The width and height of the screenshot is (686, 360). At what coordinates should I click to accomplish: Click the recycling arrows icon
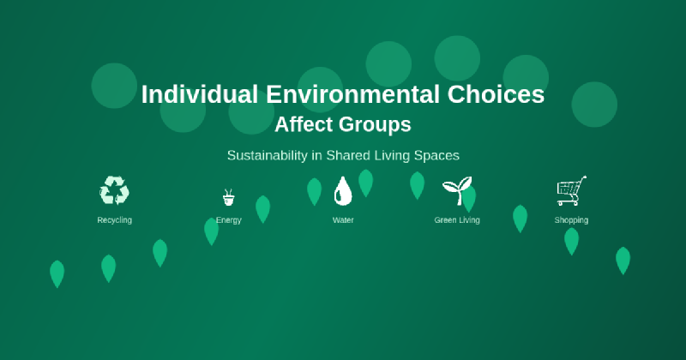pyautogui.click(x=114, y=190)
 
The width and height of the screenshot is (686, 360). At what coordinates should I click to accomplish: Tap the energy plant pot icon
pyautogui.click(x=228, y=198)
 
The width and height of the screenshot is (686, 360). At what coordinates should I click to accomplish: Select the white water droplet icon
pyautogui.click(x=343, y=191)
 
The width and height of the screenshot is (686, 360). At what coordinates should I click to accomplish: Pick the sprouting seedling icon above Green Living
pyautogui.click(x=456, y=190)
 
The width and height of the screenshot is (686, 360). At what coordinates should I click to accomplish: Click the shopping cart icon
pyautogui.click(x=571, y=190)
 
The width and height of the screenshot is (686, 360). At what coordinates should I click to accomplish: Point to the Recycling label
pyautogui.click(x=114, y=220)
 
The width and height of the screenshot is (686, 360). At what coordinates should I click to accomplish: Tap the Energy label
pyautogui.click(x=228, y=220)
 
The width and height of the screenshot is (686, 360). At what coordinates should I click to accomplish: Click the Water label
pyautogui.click(x=343, y=220)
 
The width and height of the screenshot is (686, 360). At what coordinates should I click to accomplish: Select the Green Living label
pyautogui.click(x=457, y=220)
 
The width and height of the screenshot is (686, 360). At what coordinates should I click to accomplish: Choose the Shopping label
pyautogui.click(x=571, y=220)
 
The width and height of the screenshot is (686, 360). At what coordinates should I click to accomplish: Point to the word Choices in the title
pyautogui.click(x=496, y=95)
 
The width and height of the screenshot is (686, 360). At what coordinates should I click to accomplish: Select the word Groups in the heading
pyautogui.click(x=376, y=125)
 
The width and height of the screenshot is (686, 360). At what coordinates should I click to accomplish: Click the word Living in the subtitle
pyautogui.click(x=391, y=156)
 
